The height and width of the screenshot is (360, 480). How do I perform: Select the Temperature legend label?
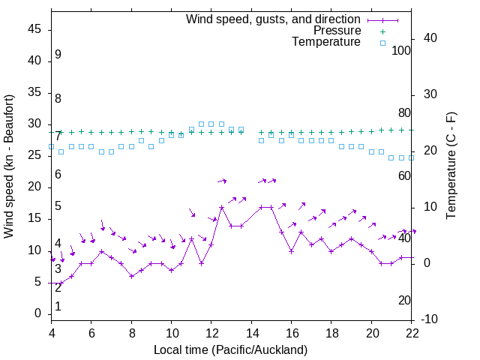pyautogui.click(x=326, y=43)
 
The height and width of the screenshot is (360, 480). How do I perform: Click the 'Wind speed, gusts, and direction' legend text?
pyautogui.click(x=274, y=19)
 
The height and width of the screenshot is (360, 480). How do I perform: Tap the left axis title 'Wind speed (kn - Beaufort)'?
pyautogui.click(x=9, y=166)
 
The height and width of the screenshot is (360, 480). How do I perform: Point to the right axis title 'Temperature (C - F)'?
pyautogui.click(x=451, y=166)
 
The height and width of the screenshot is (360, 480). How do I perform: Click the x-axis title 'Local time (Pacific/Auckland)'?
pyautogui.click(x=230, y=349)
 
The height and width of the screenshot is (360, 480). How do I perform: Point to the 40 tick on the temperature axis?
pyautogui.click(x=430, y=38)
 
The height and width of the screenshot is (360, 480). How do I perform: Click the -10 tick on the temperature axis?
pyautogui.click(x=432, y=319)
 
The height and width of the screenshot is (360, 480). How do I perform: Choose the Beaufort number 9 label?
pyautogui.click(x=58, y=55)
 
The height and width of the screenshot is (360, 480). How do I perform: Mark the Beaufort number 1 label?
pyautogui.click(x=58, y=306)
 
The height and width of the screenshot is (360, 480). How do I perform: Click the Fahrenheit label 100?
pyautogui.click(x=401, y=50)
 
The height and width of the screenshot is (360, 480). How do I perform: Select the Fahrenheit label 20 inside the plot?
pyautogui.click(x=404, y=300)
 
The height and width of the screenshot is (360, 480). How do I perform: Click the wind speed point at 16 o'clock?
pyautogui.click(x=292, y=251)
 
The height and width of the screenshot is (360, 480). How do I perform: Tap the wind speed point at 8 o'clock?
pyautogui.click(x=131, y=276)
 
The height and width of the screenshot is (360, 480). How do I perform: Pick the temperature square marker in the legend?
pyautogui.click(x=382, y=43)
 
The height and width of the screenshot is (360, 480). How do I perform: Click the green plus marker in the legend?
pyautogui.click(x=382, y=31)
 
